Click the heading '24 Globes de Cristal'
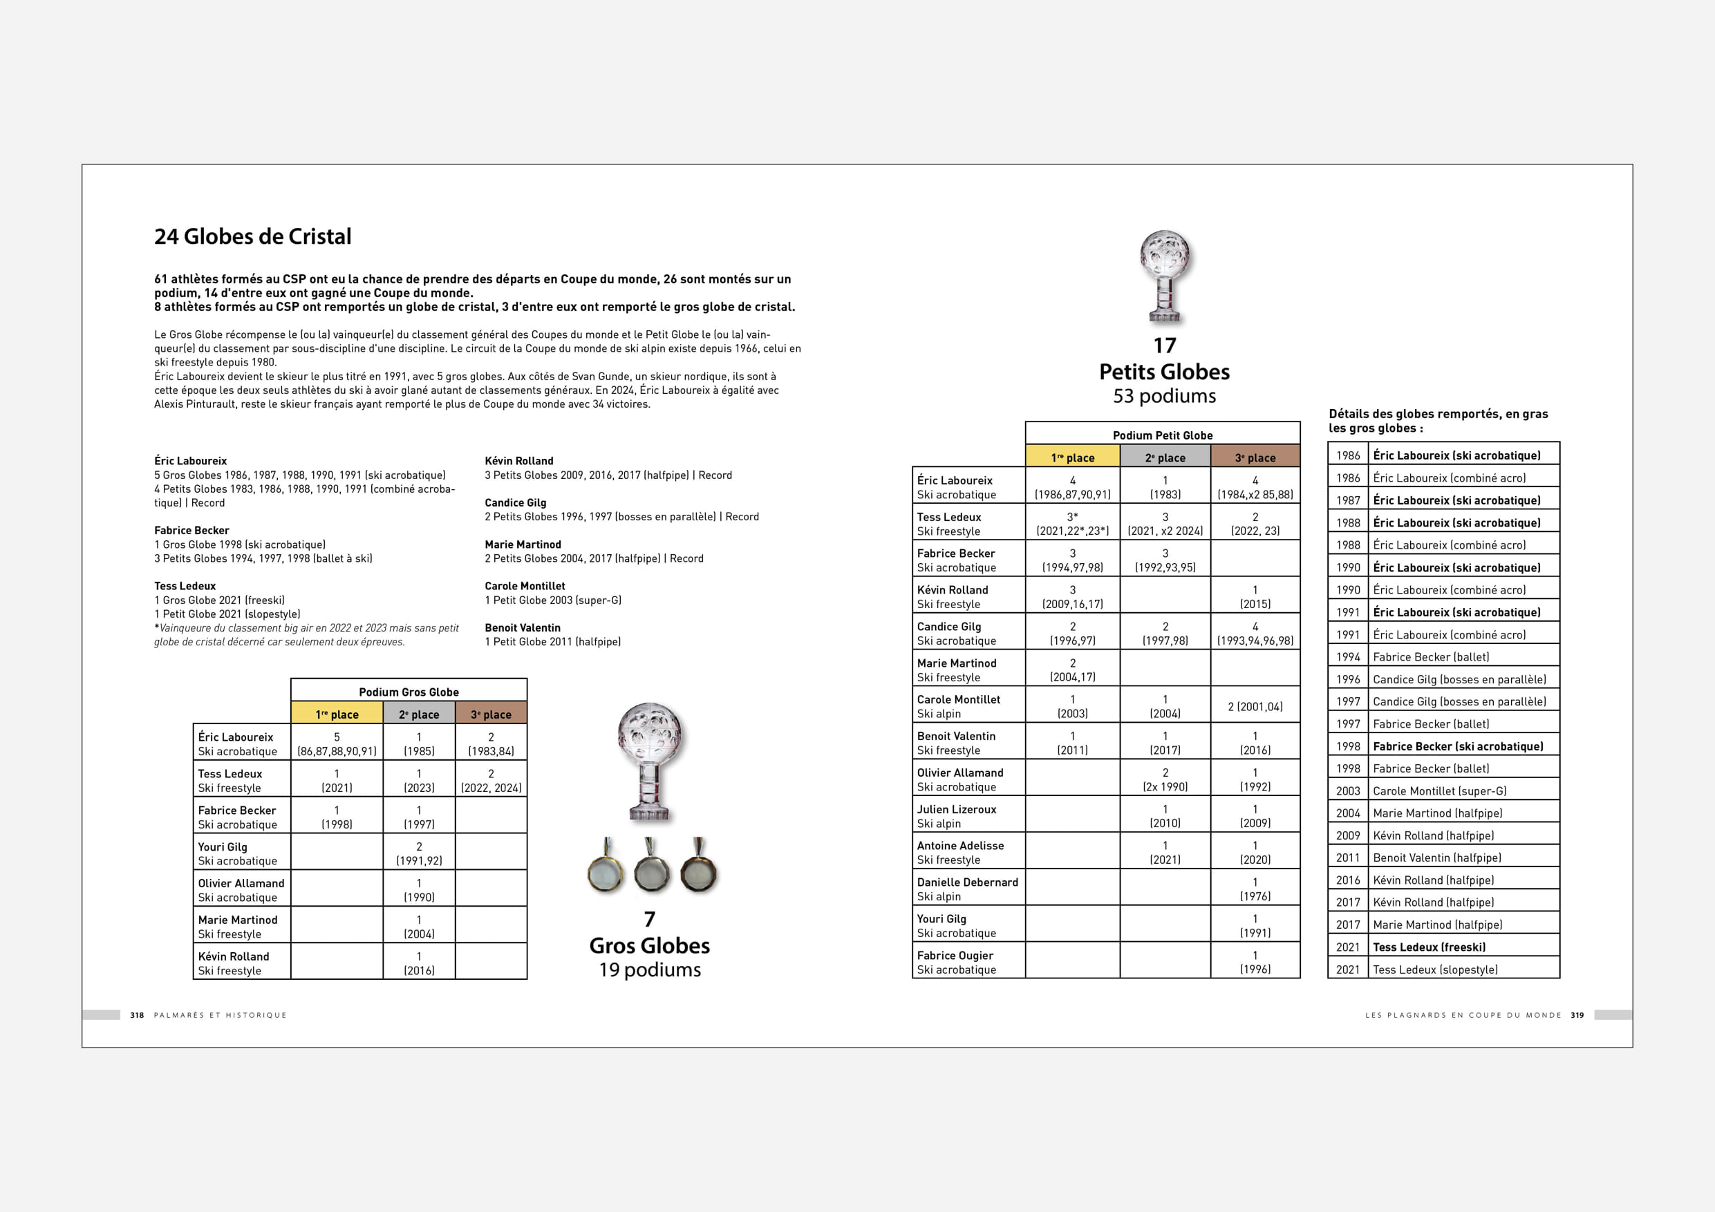[252, 237]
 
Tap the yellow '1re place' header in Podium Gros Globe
[337, 714]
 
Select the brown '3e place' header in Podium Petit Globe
[1255, 457]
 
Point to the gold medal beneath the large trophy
[606, 871]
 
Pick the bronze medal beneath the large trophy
[698, 871]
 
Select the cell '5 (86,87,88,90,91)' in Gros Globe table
[337, 744]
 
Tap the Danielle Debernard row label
[967, 889]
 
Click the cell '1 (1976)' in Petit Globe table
[1255, 889]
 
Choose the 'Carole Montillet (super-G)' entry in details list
[1439, 790]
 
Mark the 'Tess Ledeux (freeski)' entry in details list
[1429, 947]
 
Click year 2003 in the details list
[1348, 790]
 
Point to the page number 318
[137, 1015]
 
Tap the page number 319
[1577, 1015]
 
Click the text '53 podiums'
[1164, 396]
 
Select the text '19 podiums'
[650, 969]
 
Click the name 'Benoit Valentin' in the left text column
[522, 628]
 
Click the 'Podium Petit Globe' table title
[1162, 435]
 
